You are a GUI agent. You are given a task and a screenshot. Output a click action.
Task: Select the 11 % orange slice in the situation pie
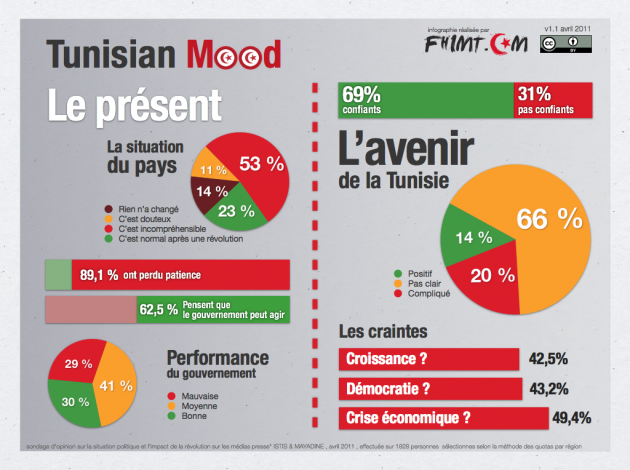[211, 170]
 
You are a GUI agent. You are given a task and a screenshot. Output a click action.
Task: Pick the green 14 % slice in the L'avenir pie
[473, 238]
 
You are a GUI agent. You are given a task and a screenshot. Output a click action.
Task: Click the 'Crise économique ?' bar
[442, 417]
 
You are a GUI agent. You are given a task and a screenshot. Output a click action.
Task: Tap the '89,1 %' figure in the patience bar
[100, 274]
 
